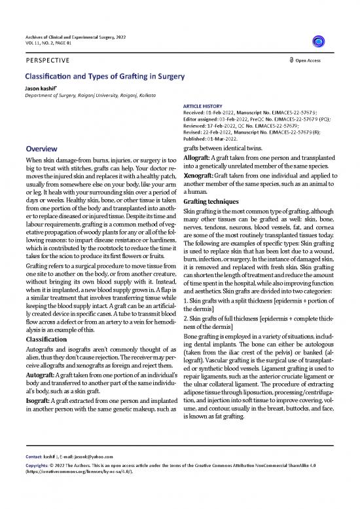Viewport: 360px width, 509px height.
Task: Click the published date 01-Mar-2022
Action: [x=232, y=139]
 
